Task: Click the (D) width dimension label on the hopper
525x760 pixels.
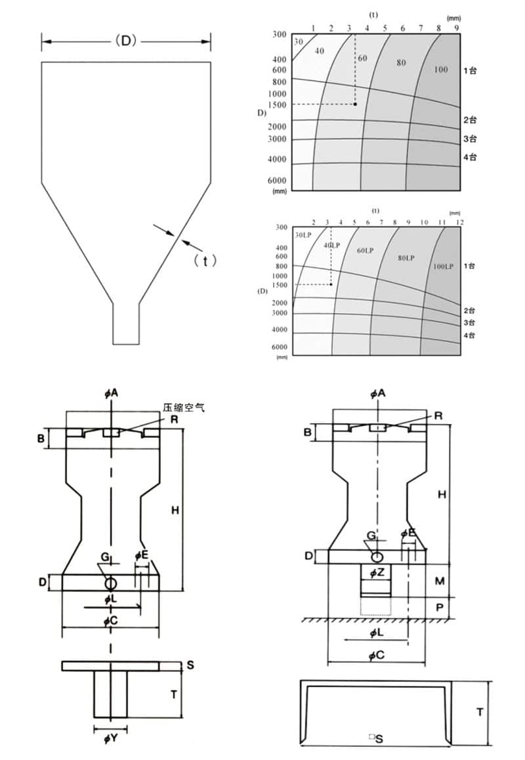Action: [x=125, y=41]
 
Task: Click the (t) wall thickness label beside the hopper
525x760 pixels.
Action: [x=205, y=261]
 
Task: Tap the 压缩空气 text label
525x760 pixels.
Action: [x=184, y=408]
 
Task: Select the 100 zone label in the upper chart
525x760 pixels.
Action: [x=441, y=70]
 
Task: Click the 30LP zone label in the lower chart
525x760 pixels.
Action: [x=303, y=234]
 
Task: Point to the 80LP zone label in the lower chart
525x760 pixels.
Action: [x=406, y=258]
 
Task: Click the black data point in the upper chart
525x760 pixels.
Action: [x=355, y=104]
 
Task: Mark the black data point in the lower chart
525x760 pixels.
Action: [x=331, y=285]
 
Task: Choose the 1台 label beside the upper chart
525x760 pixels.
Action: [x=469, y=70]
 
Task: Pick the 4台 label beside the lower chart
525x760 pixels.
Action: [x=469, y=336]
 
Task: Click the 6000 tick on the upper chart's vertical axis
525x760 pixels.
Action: [x=278, y=180]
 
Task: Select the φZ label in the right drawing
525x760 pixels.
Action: [x=376, y=573]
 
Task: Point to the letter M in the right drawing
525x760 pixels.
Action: [x=440, y=581]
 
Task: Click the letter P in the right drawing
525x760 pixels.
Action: [x=440, y=608]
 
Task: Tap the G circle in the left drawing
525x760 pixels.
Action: [x=110, y=583]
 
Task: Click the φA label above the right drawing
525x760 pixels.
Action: [x=377, y=393]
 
